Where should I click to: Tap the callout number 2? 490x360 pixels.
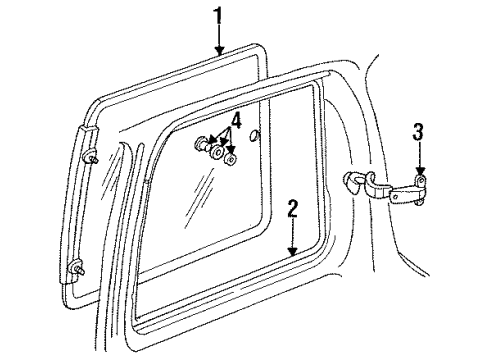pos(292,211)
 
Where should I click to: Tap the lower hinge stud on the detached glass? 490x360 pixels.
pos(79,267)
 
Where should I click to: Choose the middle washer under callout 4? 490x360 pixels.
pos(216,151)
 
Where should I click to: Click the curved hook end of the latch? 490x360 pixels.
pos(353,180)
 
